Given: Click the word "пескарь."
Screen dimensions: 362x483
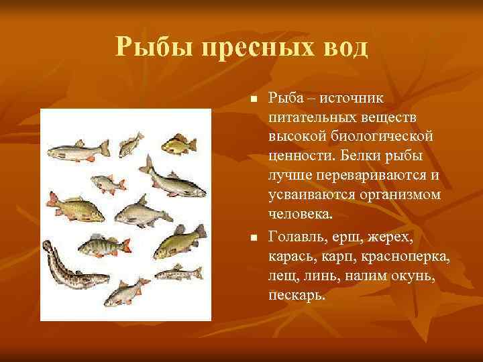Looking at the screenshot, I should tap(297, 294).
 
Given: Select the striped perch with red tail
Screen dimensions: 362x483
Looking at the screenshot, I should tap(100, 247).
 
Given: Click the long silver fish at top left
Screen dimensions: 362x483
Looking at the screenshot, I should tap(78, 150).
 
